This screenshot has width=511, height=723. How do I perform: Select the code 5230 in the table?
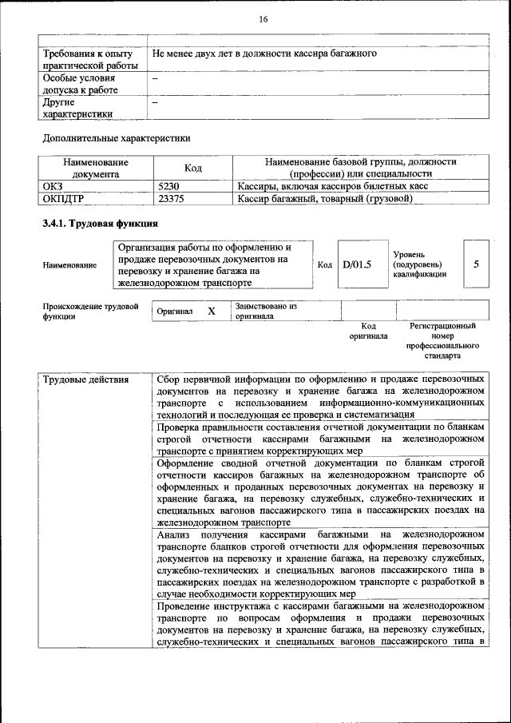pyautogui.click(x=168, y=185)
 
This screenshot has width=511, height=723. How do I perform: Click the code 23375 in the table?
pyautogui.click(x=172, y=198)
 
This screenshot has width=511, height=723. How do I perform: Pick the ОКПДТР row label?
pyautogui.click(x=62, y=198)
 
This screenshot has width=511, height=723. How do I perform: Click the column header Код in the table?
pyautogui.click(x=193, y=168)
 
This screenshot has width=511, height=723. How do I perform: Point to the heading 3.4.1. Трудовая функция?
pyautogui.click(x=100, y=224)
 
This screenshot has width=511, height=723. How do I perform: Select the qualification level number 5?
pyautogui.click(x=476, y=264)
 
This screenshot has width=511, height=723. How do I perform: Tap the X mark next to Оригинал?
pyautogui.click(x=212, y=311)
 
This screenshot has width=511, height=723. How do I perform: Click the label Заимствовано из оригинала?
pyautogui.click(x=266, y=311)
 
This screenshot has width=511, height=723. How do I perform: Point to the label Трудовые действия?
pyautogui.click(x=85, y=379)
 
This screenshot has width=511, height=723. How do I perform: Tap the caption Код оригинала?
pyautogui.click(x=368, y=332)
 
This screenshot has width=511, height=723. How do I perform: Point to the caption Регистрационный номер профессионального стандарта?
pyautogui.click(x=442, y=341)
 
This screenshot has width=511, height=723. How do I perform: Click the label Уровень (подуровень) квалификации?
pyautogui.click(x=419, y=264)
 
